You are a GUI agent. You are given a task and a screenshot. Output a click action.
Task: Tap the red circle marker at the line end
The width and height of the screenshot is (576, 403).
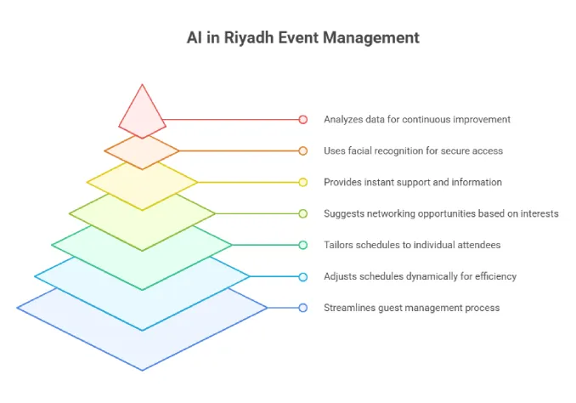coord(302,120)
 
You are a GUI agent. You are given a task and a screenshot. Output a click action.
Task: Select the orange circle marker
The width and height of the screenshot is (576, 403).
coord(302,150)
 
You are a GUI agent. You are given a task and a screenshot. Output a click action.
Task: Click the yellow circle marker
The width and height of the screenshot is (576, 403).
coord(302,182)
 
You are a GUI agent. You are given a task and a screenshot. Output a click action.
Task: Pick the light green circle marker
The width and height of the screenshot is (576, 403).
coord(302,213)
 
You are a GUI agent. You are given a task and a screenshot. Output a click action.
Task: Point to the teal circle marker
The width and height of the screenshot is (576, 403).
coord(302,245)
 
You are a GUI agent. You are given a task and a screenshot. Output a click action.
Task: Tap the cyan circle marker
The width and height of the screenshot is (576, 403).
coord(302,276)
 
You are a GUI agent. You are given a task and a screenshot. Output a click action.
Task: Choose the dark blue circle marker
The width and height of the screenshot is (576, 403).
coord(302,308)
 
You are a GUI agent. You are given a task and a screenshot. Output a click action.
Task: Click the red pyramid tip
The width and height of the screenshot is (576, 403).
coord(142,111)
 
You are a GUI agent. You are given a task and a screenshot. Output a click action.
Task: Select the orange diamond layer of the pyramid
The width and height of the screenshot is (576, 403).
coord(142,152)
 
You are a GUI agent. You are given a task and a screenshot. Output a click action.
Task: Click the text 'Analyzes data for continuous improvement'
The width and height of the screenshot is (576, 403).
coord(417,120)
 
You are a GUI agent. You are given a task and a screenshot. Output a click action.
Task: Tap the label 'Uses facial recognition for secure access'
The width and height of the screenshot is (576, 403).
coord(413,150)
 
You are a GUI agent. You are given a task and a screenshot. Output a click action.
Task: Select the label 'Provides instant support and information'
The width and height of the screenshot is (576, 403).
coord(413,182)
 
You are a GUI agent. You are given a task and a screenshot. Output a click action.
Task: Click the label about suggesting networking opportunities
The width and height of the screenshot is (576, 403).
coord(441,213)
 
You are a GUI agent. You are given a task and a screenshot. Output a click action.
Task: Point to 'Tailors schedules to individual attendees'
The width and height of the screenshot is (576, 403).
coord(412,245)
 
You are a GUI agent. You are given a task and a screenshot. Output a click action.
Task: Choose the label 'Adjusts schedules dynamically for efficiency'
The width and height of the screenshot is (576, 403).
coord(420,276)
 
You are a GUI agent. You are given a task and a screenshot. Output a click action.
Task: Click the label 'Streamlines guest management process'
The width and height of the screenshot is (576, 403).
coord(411,308)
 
